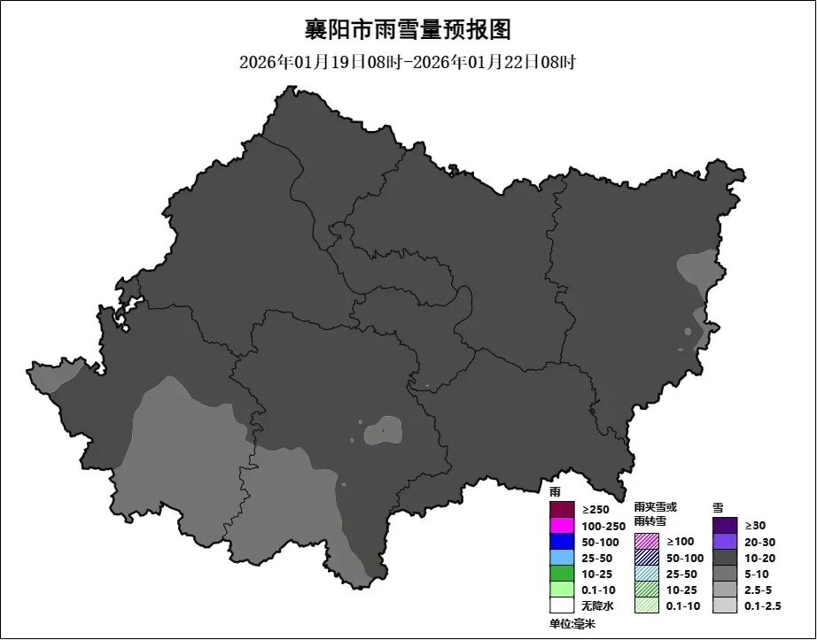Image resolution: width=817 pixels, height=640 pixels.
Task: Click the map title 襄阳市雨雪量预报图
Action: (408, 29)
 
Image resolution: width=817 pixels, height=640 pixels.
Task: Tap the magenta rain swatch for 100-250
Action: (562, 526)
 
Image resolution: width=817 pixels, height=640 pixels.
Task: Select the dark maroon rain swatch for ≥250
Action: (562, 510)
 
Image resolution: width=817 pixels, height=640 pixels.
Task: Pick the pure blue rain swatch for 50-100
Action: (562, 542)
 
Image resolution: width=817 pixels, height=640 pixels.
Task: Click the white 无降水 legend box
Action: (562, 605)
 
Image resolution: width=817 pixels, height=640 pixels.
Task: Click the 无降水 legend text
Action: (596, 605)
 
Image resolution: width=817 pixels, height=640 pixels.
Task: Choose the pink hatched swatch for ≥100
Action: (647, 541)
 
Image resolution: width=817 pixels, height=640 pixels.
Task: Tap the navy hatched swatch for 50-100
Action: (647, 558)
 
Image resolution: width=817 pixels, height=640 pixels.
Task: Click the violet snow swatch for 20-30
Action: (725, 542)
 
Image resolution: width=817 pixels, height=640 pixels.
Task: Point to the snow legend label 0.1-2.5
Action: (763, 605)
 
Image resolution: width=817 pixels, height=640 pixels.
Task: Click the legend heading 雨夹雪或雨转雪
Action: (655, 514)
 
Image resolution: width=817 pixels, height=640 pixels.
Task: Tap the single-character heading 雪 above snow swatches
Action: (718, 508)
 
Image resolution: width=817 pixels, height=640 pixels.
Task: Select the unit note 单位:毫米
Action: (572, 624)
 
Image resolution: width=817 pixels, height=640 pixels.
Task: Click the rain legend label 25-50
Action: (596, 558)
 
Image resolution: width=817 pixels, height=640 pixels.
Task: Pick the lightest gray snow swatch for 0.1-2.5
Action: (725, 605)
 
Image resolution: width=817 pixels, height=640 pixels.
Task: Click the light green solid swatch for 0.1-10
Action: (562, 590)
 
